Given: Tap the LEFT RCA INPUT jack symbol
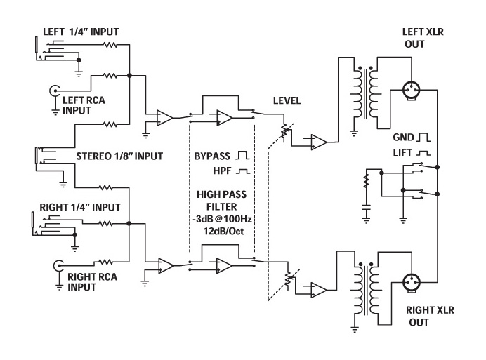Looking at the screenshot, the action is (54, 91).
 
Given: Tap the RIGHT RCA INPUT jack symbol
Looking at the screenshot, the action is (58, 265).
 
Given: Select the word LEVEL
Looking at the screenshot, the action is (287, 100).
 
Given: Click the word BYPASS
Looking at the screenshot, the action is (212, 156).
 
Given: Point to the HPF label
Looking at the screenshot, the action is (222, 171).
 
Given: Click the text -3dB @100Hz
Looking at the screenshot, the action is (222, 219).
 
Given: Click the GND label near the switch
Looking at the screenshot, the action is (404, 138).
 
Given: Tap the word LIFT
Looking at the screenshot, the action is (402, 153).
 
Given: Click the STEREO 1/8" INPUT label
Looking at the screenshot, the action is (119, 156).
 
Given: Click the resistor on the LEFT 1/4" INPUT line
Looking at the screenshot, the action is (110, 45).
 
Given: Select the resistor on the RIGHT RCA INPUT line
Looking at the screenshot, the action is (105, 262).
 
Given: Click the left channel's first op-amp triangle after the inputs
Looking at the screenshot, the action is (165, 118).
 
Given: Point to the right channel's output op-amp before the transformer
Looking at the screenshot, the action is (319, 291).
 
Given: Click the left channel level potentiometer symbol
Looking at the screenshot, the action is (284, 131).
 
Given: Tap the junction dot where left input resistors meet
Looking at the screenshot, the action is (129, 76).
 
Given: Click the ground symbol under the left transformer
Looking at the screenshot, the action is (354, 134).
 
